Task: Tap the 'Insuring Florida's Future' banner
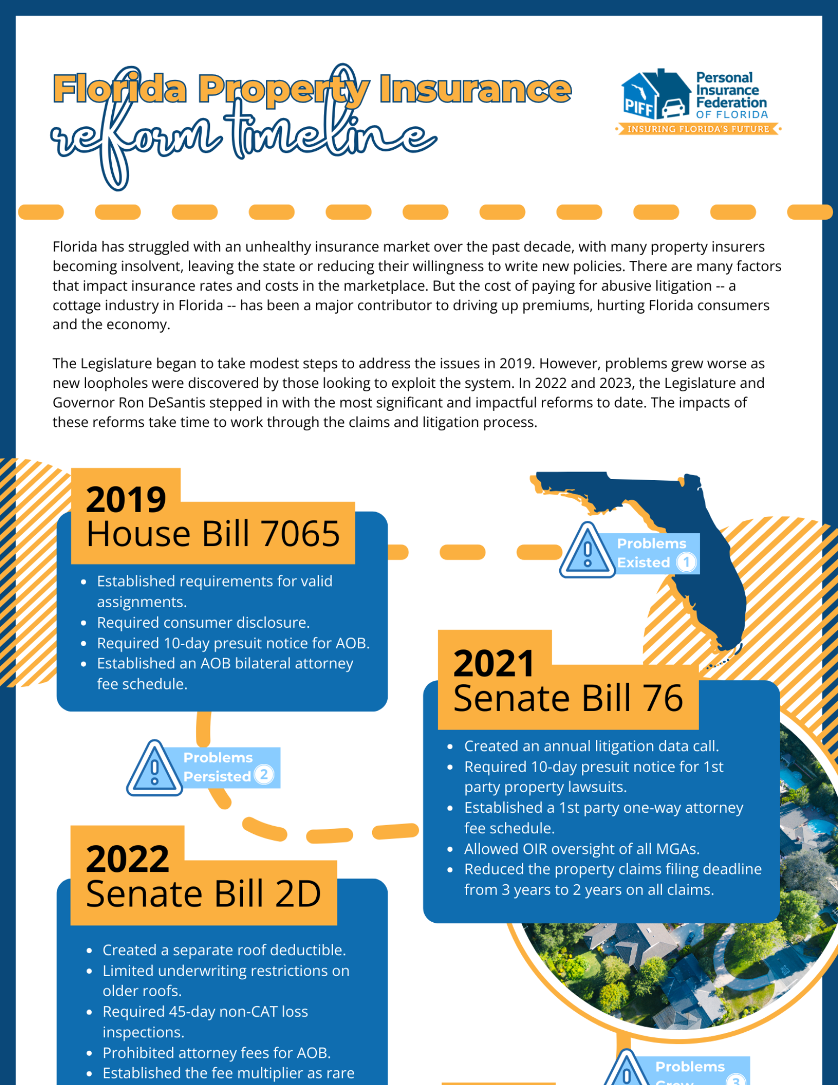pos(698,129)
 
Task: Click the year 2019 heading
pos(126,499)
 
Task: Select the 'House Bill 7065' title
pos(213,534)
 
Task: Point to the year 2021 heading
pos(494,663)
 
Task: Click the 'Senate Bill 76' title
pos(568,698)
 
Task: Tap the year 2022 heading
pos(127,859)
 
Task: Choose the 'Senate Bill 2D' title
pos(203,893)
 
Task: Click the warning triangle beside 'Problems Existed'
pos(587,551)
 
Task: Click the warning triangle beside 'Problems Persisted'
pos(155,769)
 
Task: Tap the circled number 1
pos(686,562)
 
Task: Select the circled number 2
pos(264,774)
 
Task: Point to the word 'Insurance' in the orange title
pos(475,90)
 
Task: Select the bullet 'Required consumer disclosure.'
pos(203,622)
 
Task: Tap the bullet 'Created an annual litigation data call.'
pos(591,746)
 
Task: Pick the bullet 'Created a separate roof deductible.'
pos(224,950)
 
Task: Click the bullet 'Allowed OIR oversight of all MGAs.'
pos(581,848)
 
